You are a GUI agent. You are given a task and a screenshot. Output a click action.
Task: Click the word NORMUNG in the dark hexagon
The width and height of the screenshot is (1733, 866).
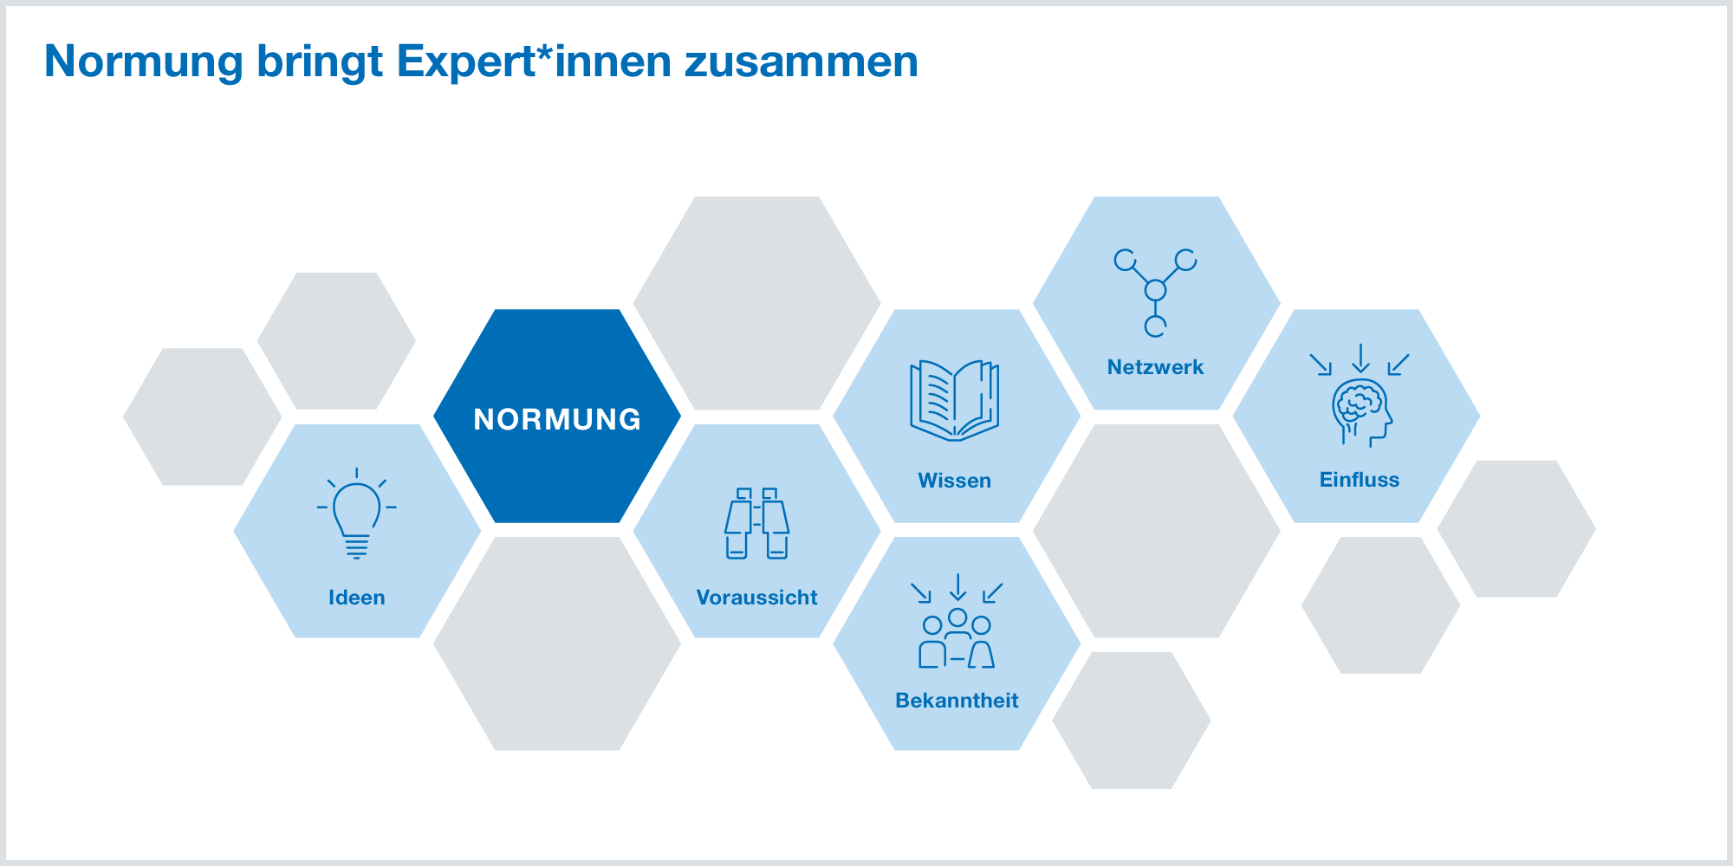(x=557, y=419)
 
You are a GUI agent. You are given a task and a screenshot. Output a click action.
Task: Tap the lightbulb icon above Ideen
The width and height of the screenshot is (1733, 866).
(x=356, y=514)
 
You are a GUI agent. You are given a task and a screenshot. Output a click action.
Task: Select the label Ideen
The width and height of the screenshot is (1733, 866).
(x=356, y=598)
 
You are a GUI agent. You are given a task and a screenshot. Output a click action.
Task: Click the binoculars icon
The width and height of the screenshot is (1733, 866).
(x=756, y=523)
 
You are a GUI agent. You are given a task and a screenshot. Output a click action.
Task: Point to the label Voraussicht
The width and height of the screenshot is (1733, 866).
(x=756, y=598)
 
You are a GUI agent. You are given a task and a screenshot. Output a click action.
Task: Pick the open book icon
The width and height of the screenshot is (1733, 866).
(x=954, y=400)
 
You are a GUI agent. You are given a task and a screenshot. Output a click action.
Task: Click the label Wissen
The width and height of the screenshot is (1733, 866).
(x=954, y=481)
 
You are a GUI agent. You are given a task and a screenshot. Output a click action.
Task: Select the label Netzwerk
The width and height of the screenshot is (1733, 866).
(x=1155, y=367)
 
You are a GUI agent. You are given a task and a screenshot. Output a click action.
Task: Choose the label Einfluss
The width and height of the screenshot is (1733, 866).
(x=1359, y=480)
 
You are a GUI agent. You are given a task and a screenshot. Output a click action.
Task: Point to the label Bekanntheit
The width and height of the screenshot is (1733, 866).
(x=957, y=701)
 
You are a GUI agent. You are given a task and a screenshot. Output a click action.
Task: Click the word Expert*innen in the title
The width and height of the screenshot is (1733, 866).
(x=534, y=61)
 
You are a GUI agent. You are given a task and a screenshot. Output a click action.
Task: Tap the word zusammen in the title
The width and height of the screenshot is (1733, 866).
(x=801, y=61)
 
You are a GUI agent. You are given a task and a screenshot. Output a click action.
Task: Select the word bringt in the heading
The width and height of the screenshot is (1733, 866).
(x=320, y=62)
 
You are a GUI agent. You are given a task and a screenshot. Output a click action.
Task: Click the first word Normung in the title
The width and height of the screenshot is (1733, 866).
(x=144, y=61)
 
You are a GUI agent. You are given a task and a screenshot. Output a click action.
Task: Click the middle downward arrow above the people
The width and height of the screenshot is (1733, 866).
(x=957, y=587)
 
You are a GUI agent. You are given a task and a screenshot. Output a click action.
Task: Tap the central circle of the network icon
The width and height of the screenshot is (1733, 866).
(x=1155, y=290)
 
